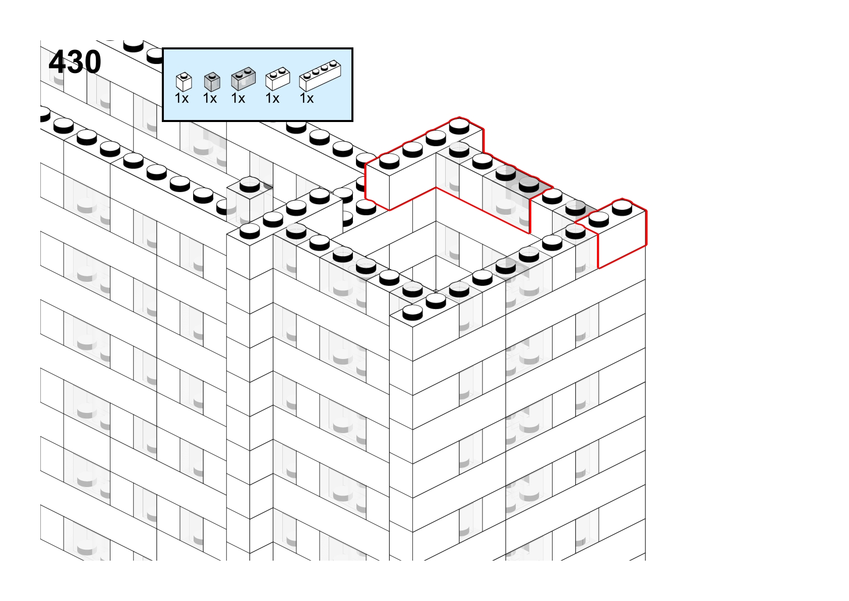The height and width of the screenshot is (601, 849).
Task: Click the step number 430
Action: click(75, 62)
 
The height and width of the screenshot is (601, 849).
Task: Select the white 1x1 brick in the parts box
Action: click(184, 82)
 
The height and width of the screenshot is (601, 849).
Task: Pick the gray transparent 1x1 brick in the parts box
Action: click(212, 82)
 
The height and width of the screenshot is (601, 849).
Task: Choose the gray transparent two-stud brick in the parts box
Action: click(244, 79)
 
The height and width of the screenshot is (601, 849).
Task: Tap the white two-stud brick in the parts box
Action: click(278, 79)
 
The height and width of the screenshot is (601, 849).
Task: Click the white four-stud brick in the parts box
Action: click(320, 76)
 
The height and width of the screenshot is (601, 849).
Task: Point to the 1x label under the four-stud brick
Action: click(307, 98)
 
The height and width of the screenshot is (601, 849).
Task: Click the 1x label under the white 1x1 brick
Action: click(181, 98)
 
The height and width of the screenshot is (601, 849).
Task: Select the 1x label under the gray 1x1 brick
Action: click(210, 98)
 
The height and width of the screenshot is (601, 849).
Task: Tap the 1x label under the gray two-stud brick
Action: click(238, 98)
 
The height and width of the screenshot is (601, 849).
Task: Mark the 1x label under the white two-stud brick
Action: click(272, 98)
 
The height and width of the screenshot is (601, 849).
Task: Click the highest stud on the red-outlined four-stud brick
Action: click(459, 126)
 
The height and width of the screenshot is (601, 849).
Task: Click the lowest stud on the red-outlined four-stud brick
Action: click(389, 161)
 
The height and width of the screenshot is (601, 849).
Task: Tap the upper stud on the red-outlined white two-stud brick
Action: click(622, 208)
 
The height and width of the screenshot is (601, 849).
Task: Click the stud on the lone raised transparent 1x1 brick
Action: click(250, 185)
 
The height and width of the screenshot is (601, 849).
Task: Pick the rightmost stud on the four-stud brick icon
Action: click(333, 64)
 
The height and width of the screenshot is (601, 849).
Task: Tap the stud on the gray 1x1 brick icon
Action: click(212, 75)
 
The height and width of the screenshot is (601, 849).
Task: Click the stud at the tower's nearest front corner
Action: click(412, 313)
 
